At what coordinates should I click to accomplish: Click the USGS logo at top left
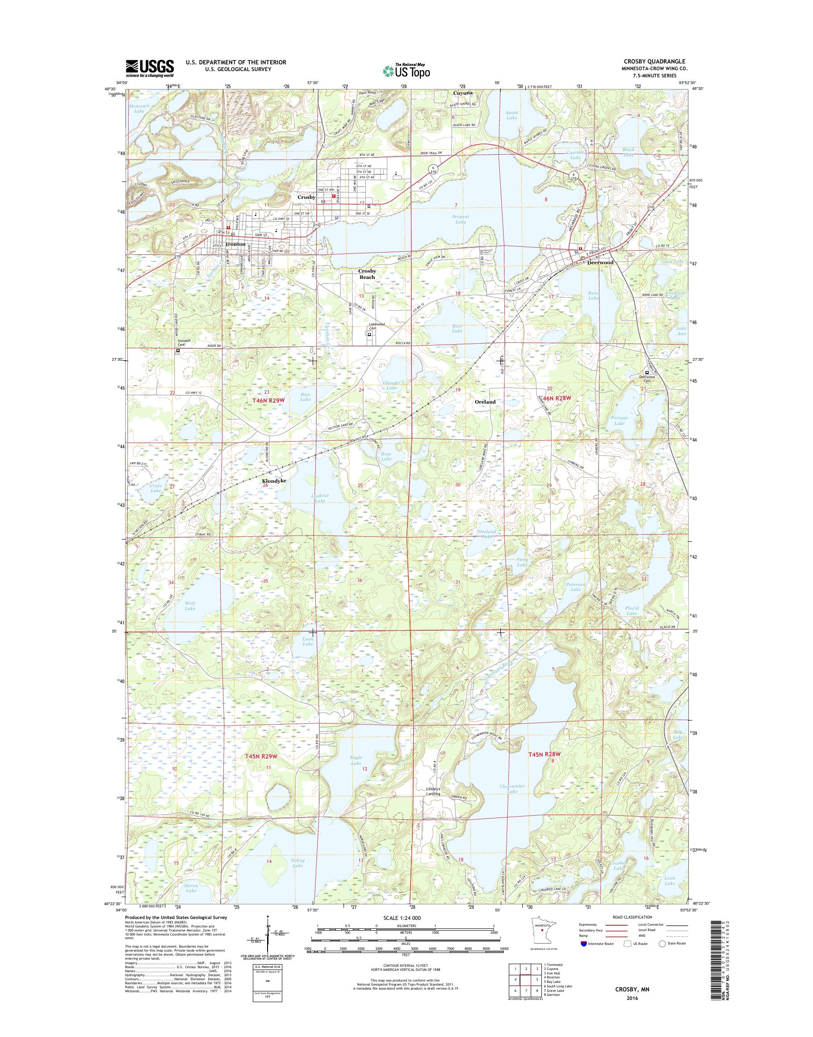pyautogui.click(x=150, y=68)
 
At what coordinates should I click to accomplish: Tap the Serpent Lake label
pyautogui.click(x=460, y=219)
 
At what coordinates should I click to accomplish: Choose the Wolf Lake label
pyautogui.click(x=190, y=606)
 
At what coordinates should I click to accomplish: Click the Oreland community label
pyautogui.click(x=485, y=401)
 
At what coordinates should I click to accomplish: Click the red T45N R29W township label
pyautogui.click(x=261, y=756)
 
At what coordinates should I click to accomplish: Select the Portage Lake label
pyautogui.click(x=619, y=421)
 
